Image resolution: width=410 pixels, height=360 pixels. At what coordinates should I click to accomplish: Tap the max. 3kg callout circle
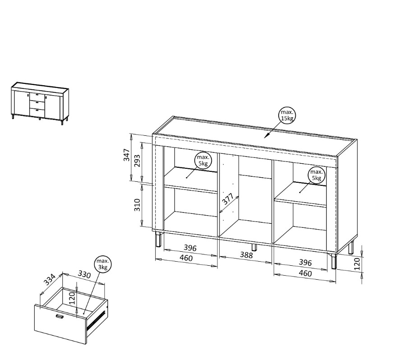(102, 264)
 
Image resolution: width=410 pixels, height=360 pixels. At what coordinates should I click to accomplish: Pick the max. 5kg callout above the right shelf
(317, 175)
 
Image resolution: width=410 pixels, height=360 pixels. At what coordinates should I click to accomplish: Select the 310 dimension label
(137, 205)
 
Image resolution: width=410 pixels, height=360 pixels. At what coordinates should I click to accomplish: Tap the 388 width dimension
(246, 255)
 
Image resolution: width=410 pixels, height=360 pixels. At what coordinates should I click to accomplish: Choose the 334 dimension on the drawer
(50, 280)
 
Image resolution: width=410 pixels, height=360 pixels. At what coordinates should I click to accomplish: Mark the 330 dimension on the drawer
(84, 274)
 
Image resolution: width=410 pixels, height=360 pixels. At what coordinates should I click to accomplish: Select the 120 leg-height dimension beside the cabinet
(357, 263)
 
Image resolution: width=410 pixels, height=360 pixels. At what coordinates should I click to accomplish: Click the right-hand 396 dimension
(305, 263)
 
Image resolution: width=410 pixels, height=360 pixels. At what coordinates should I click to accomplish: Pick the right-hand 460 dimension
(305, 273)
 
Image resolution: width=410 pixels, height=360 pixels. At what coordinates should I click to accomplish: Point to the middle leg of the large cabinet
(253, 247)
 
